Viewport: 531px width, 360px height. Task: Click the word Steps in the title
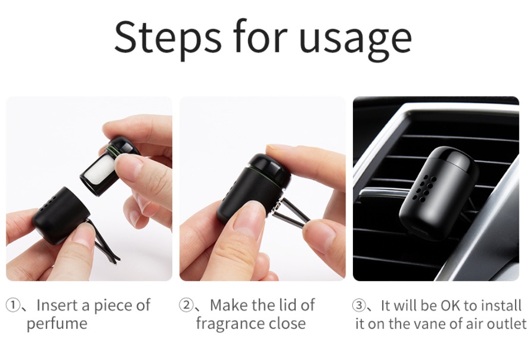coord(167,37)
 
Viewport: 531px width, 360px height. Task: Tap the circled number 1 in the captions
coord(12,305)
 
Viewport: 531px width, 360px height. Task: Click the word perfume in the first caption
coord(57,324)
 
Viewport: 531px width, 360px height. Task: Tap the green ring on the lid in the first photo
coord(113,148)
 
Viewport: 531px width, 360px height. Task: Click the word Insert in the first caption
coord(57,305)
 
